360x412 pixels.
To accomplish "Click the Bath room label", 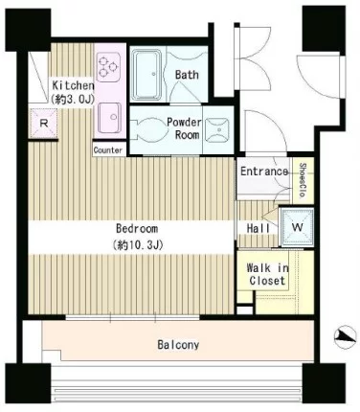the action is (x=187, y=75).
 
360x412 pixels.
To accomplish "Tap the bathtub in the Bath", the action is (x=146, y=75).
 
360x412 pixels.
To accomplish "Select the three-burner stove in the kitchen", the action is (x=108, y=66).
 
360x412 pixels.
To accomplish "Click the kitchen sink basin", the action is (x=109, y=118).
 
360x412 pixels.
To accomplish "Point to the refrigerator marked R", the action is (x=43, y=123).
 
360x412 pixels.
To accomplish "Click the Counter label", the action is (x=108, y=150).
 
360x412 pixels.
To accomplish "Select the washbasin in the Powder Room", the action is (x=217, y=130).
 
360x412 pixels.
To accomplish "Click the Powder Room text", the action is (x=185, y=128).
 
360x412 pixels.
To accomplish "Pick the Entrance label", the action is (x=264, y=172).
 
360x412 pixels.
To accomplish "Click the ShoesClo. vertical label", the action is (x=303, y=180).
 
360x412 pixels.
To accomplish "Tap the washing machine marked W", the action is (x=297, y=227).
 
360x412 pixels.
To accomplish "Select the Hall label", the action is (x=259, y=228).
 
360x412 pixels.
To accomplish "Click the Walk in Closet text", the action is (x=267, y=274).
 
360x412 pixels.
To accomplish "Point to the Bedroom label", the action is (x=137, y=229).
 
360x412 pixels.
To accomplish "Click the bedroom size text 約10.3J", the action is (x=138, y=245).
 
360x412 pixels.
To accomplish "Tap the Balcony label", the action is (x=178, y=345).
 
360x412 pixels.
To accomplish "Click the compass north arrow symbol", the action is (x=346, y=337).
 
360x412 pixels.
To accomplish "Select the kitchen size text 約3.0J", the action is (x=73, y=100).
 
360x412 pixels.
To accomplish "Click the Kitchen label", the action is (x=73, y=85).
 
